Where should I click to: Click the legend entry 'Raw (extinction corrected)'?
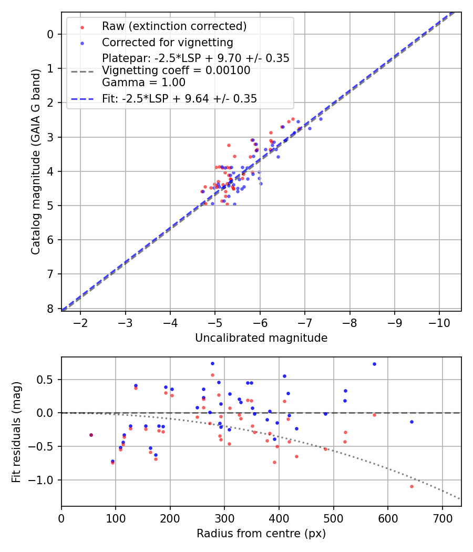tap(174, 26)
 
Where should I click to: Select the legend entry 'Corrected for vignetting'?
tap(168, 42)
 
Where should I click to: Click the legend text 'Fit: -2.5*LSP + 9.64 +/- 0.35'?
tap(179, 99)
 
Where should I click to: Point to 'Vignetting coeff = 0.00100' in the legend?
tap(176, 70)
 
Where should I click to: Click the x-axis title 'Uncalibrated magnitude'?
tap(261, 338)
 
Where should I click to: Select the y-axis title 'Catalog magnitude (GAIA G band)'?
tap(35, 161)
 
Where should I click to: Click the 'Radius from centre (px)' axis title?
tap(261, 534)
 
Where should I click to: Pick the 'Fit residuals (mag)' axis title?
tap(16, 432)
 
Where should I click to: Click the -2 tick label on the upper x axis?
tap(80, 322)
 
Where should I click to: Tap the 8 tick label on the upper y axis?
tap(50, 309)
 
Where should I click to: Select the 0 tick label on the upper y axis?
tap(50, 34)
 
